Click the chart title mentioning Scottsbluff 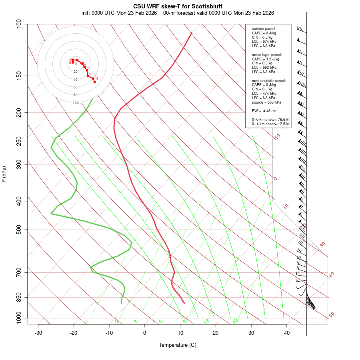pos(178,7)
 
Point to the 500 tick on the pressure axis pos(19,230)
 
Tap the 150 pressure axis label pos(19,76)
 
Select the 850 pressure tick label pos(19,297)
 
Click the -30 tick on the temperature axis pos(38,333)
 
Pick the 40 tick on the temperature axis pos(287,333)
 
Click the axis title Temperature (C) pos(178,345)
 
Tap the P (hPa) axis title pos(4,174)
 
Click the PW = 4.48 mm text pos(264,111)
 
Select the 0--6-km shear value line pos(270,120)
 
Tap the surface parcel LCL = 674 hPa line pos(264,42)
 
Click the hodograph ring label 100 pos(76,103)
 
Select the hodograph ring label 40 pos(76,80)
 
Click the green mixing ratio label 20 pos(236,321)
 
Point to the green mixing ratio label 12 pos(207,321)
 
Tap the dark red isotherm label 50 pos(331,314)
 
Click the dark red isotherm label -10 pos(276,137)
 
